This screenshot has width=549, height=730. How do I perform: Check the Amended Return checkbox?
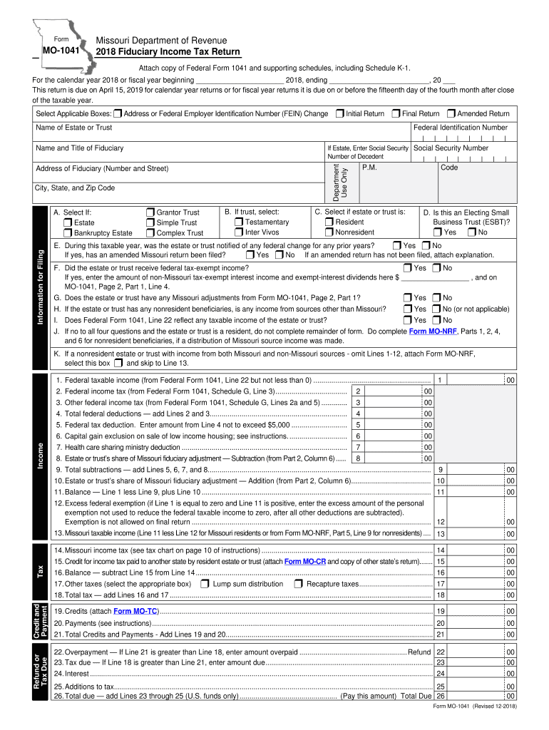(x=451, y=113)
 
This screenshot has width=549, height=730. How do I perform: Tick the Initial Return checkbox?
(x=339, y=113)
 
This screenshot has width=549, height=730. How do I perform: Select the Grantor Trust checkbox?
(x=150, y=212)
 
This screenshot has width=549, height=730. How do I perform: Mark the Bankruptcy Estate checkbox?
(x=68, y=232)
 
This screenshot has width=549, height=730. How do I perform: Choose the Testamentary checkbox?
(x=239, y=222)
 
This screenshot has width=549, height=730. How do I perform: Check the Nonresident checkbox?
(x=329, y=232)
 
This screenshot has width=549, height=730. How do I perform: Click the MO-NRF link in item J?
(x=427, y=331)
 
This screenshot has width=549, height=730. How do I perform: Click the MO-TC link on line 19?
(x=135, y=611)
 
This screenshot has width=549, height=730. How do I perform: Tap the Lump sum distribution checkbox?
(x=205, y=584)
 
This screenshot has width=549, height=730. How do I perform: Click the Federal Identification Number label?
(x=461, y=128)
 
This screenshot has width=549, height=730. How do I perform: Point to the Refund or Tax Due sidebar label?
(x=41, y=673)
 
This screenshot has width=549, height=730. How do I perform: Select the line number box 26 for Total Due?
(x=441, y=696)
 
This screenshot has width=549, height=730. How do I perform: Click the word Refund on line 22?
(x=419, y=652)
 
